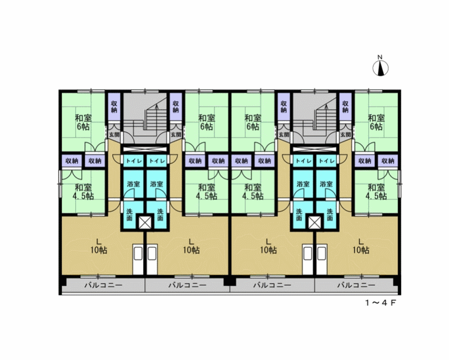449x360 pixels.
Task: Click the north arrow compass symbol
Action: (x=381, y=69)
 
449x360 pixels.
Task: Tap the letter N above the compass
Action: (x=380, y=57)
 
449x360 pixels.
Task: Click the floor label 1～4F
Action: (x=381, y=303)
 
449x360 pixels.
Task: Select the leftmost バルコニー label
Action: (x=103, y=285)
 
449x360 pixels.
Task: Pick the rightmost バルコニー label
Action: (x=356, y=285)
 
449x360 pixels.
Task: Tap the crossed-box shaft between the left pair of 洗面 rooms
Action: (x=145, y=222)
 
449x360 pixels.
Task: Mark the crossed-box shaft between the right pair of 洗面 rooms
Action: (x=314, y=222)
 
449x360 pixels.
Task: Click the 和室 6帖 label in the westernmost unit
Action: (x=83, y=122)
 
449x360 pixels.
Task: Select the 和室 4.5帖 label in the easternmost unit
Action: (x=376, y=192)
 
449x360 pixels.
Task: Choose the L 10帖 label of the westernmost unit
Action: (x=99, y=245)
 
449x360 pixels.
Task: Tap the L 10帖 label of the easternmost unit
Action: (x=361, y=245)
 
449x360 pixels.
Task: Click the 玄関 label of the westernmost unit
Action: (x=114, y=134)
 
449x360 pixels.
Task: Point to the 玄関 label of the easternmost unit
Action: (x=346, y=134)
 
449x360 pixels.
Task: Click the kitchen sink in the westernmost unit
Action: (x=138, y=259)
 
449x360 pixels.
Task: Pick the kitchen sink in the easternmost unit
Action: (x=322, y=259)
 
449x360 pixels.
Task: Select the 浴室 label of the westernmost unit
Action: (x=134, y=184)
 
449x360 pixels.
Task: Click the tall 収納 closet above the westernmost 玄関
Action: (x=114, y=107)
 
